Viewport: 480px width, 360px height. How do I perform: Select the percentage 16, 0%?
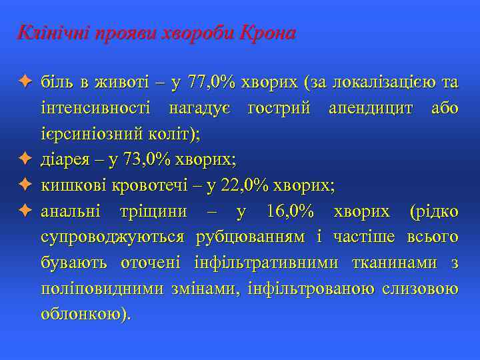point(290,211)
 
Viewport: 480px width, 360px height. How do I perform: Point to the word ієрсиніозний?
point(82,134)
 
